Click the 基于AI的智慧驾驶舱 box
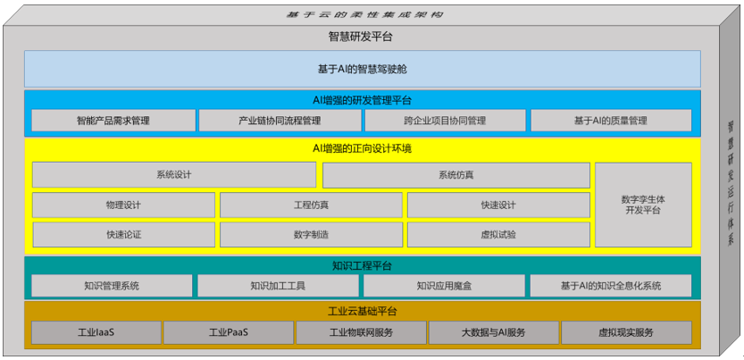[x=362, y=68]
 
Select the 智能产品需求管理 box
[x=113, y=121]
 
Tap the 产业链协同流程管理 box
[x=279, y=121]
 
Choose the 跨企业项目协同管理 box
[x=444, y=121]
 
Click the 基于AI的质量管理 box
[x=611, y=121]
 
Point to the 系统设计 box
[x=174, y=174]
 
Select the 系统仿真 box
[x=456, y=174]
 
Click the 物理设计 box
[x=123, y=205]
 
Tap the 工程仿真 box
[x=311, y=205]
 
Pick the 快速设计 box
[x=498, y=205]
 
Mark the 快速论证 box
[x=123, y=234]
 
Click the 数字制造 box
[x=311, y=234]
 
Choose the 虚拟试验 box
[x=498, y=234]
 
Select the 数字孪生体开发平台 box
[x=643, y=204]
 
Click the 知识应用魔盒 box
[x=444, y=286]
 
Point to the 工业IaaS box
[x=96, y=332]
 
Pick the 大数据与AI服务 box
[x=493, y=332]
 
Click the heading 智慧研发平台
[x=361, y=37]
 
